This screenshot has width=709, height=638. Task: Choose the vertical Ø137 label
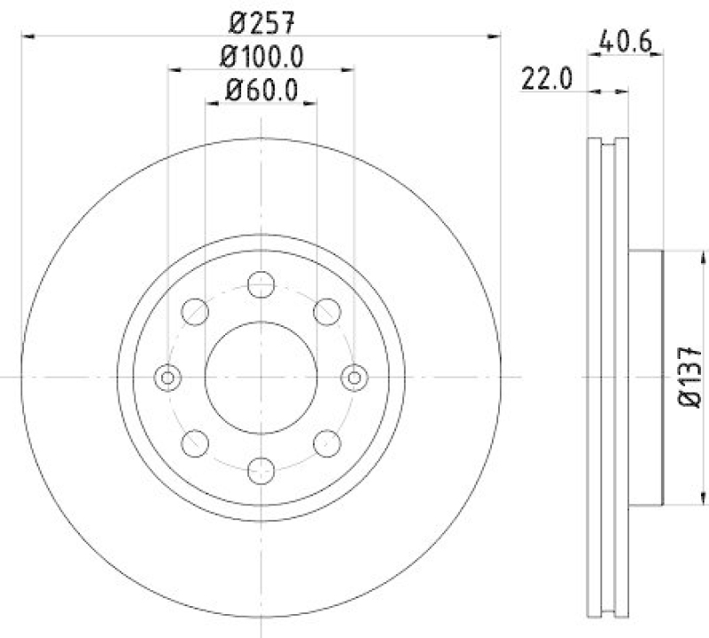click(x=690, y=377)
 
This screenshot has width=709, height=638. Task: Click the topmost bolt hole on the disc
click(x=261, y=284)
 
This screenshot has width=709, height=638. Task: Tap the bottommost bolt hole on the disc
click(x=261, y=470)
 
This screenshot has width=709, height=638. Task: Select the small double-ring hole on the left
click(x=167, y=377)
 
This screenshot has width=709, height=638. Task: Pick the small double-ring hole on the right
click(x=354, y=377)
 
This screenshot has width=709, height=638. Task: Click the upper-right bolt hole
click(x=327, y=311)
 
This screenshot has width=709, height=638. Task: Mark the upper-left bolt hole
click(x=194, y=311)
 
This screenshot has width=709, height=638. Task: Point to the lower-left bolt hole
click(x=194, y=443)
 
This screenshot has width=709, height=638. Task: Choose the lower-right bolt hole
click(x=327, y=443)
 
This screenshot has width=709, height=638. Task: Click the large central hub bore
click(x=261, y=377)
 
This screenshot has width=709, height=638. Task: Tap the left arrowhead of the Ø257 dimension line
click(x=27, y=35)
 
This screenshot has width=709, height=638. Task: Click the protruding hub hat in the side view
click(x=645, y=377)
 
